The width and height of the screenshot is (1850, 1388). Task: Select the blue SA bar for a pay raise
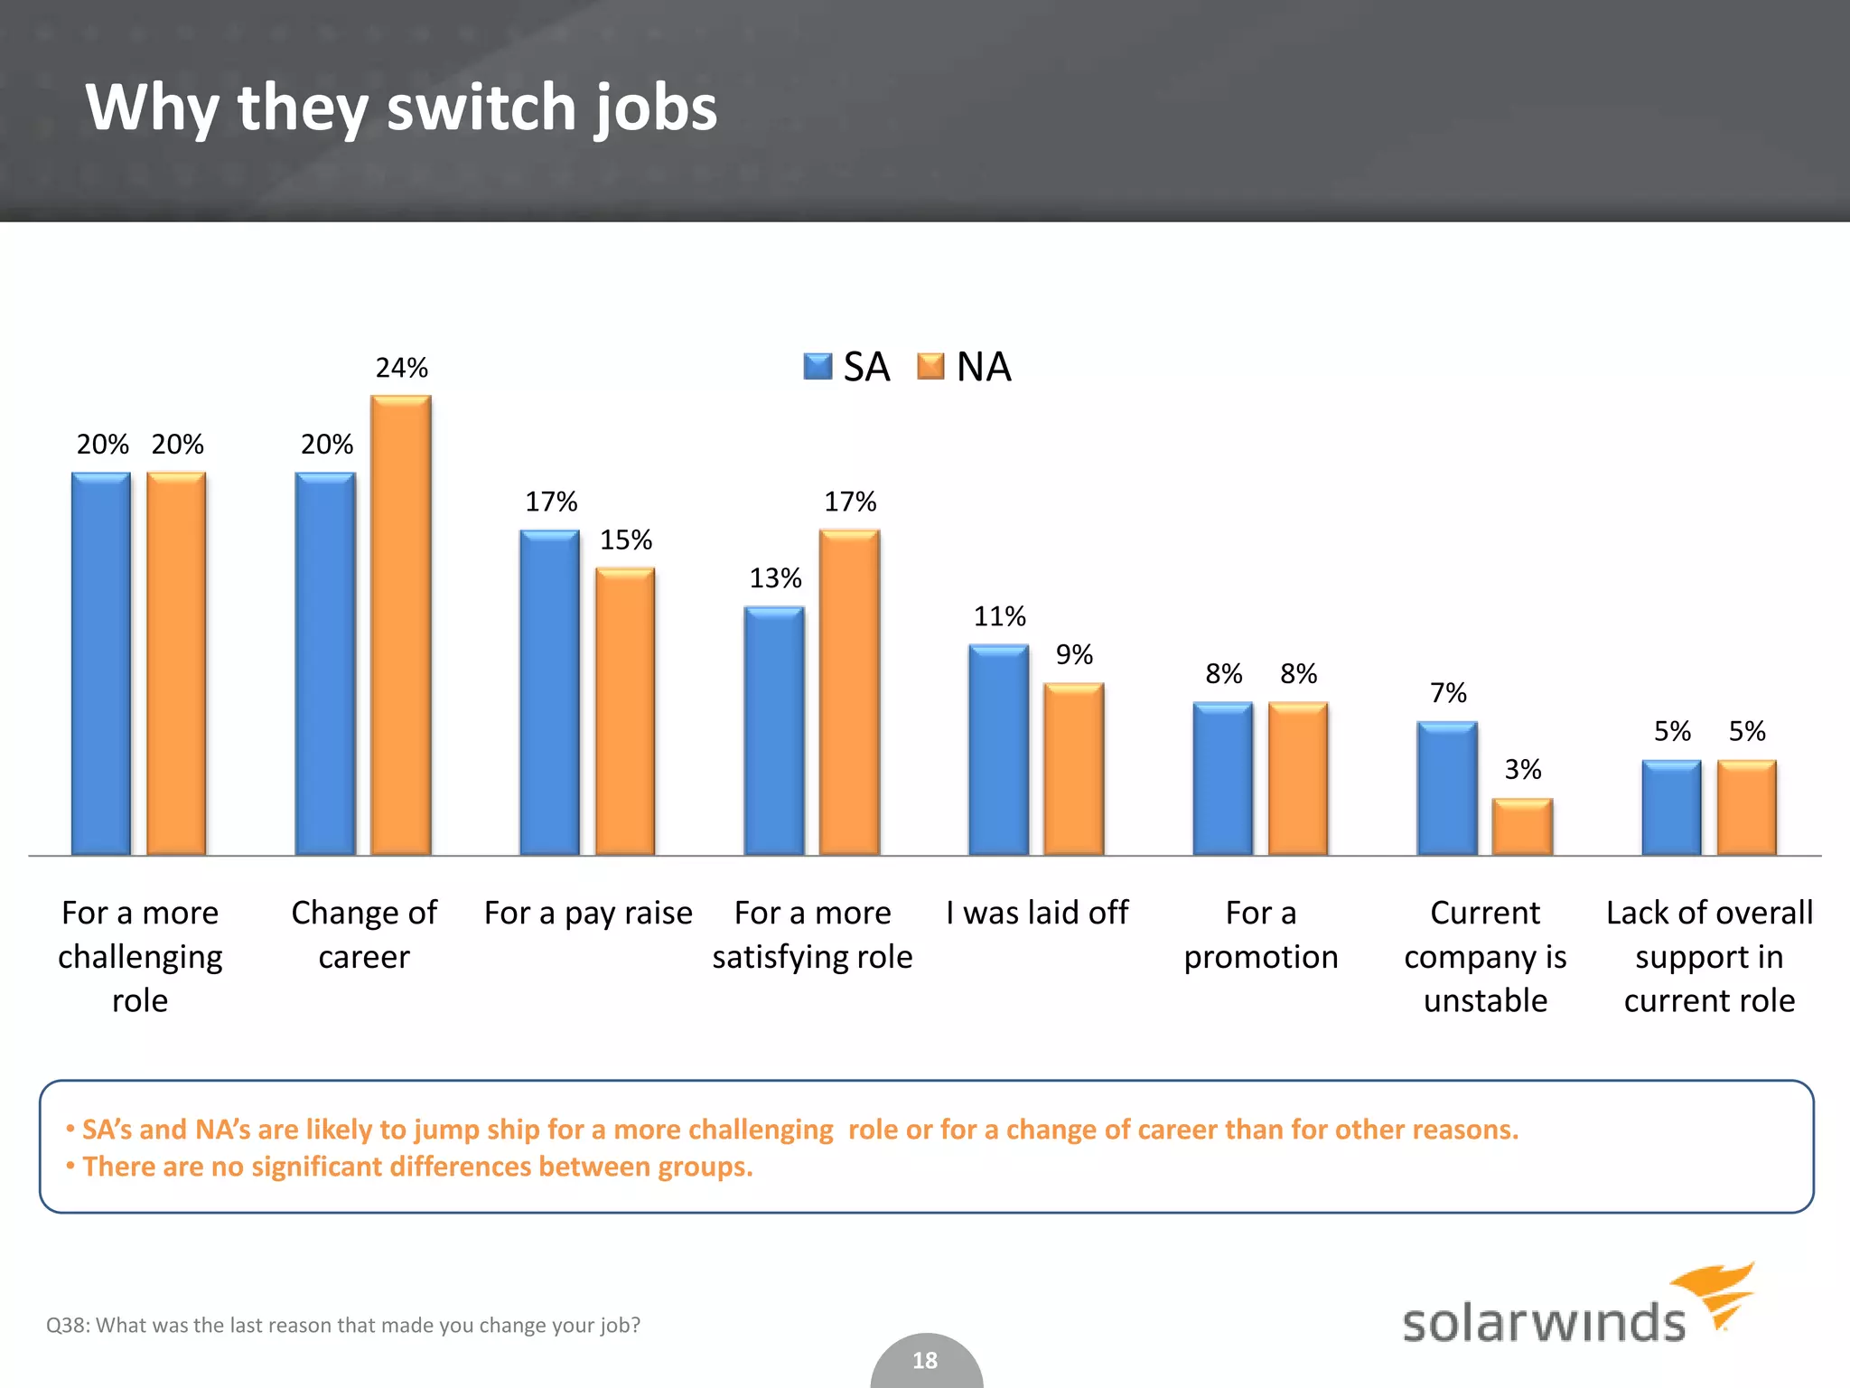tap(549, 692)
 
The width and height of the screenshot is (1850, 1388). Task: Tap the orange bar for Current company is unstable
tap(1522, 827)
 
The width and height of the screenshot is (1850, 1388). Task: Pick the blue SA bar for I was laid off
tap(998, 750)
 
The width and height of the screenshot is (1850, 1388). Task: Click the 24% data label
tap(401, 368)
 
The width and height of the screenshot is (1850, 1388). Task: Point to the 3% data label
tap(1522, 769)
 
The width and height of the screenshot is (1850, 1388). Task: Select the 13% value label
tap(775, 578)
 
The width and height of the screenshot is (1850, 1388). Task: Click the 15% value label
tap(625, 540)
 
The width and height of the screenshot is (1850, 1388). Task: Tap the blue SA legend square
tap(818, 367)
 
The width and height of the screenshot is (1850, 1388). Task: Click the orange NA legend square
tap(930, 367)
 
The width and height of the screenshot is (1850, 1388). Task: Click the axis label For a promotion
tap(1261, 934)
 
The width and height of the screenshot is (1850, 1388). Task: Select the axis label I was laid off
tap(1037, 913)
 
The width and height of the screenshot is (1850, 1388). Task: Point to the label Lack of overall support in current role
tap(1709, 956)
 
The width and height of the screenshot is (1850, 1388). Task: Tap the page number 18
tap(925, 1360)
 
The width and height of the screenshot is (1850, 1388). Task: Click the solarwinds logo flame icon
tap(1716, 1292)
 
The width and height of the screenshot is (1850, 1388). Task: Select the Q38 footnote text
tap(343, 1325)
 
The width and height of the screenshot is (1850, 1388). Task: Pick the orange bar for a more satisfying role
tap(849, 692)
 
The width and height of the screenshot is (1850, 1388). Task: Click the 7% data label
tap(1448, 693)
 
